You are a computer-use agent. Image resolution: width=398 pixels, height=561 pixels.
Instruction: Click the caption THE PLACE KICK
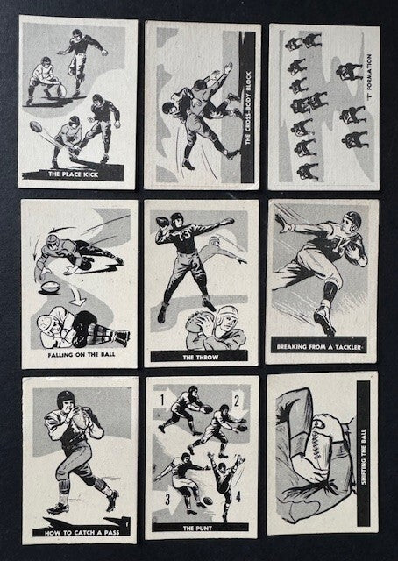point(73,174)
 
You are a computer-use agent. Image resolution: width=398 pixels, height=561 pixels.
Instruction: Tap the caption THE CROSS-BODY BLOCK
point(248,108)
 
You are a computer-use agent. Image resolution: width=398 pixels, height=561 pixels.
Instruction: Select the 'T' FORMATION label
point(369,82)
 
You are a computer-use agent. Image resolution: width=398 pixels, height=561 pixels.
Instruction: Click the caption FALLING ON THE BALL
point(82,355)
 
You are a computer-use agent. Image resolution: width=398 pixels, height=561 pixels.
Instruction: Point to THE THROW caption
point(201,357)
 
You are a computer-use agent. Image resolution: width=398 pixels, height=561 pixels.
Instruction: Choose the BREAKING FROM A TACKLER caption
point(319,347)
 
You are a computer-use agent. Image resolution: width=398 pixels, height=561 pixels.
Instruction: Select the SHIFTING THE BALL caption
point(364,457)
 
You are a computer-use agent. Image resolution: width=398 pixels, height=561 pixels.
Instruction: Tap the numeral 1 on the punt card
point(162,400)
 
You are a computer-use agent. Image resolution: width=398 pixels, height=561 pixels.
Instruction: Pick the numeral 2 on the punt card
point(236,401)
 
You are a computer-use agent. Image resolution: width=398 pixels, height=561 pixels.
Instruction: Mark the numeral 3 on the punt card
point(167,499)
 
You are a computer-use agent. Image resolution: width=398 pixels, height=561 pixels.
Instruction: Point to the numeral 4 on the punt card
point(238,497)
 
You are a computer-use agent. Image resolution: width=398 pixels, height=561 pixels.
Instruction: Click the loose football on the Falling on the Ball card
point(50,288)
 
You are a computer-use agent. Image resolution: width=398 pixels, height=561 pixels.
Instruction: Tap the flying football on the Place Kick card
point(36,126)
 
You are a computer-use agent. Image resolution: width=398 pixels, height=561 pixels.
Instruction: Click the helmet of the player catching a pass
point(66,399)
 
